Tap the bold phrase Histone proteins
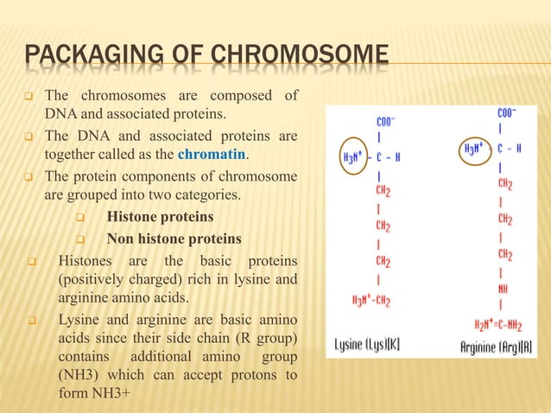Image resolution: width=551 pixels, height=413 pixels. pyautogui.click(x=160, y=216)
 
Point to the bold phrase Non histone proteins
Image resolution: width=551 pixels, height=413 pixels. pyautogui.click(x=174, y=238)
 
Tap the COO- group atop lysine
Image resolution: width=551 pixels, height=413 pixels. pyautogui.click(x=386, y=122)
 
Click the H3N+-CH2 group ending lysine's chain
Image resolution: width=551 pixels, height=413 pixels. pyautogui.click(x=372, y=301)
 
